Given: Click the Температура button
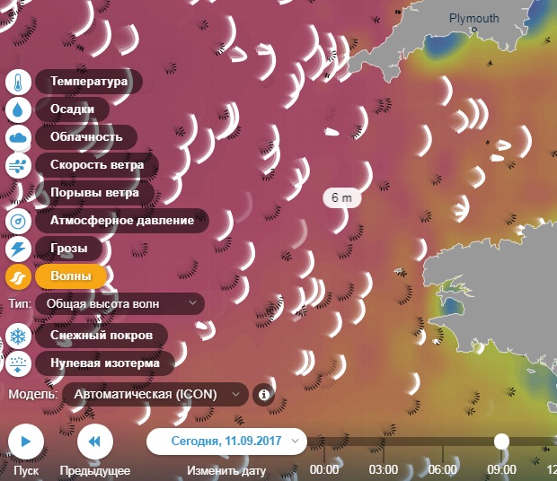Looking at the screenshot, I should click(89, 82).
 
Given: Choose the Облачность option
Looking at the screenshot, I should click(85, 136).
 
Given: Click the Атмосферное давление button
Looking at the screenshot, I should click(121, 220).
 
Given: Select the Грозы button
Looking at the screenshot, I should click(69, 249).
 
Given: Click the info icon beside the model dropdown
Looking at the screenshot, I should click(263, 393).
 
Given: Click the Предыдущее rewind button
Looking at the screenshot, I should click(94, 441).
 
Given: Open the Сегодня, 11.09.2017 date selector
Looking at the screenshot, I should click(226, 441).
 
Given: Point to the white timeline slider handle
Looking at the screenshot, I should click(501, 441).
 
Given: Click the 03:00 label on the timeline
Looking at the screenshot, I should click(384, 469).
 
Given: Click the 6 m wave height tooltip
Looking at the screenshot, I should click(341, 197).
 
